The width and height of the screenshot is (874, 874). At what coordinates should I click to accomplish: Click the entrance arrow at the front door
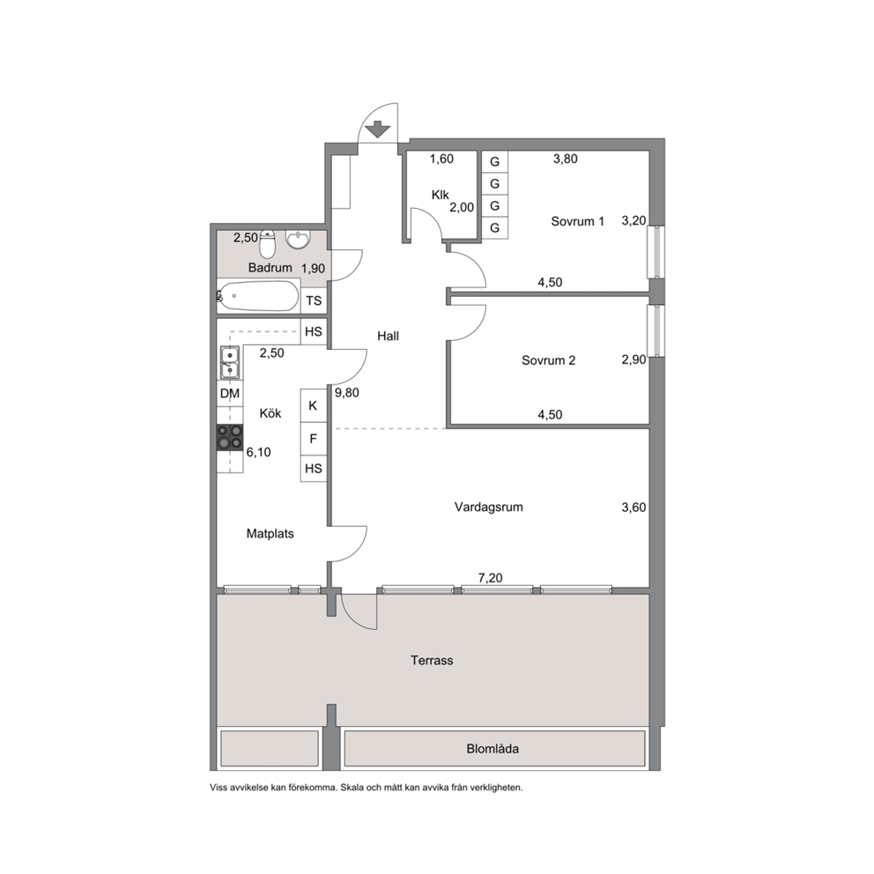378,129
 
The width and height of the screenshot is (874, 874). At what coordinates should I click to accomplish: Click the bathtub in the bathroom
258,296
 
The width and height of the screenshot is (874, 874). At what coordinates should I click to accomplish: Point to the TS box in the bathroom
314,301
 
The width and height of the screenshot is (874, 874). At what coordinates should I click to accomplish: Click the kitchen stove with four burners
230,436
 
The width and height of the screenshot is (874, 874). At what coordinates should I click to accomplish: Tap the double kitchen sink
230,362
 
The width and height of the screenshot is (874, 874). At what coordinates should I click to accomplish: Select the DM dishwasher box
230,394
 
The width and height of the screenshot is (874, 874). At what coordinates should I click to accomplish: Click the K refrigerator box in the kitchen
314,405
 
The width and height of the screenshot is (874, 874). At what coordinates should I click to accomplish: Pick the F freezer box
314,439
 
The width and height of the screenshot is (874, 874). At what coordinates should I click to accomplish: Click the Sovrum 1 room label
577,221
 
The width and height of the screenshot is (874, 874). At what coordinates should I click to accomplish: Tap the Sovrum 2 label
549,360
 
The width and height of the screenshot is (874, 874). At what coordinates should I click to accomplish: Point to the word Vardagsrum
488,507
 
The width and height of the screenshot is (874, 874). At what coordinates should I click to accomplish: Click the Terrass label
432,661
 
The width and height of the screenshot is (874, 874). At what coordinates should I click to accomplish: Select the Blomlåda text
493,749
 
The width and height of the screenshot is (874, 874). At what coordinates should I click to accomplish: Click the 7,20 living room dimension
491,578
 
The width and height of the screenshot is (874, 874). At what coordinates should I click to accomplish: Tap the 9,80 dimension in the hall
347,392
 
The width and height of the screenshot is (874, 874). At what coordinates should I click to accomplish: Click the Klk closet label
441,195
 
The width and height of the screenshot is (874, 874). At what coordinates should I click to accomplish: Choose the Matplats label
270,533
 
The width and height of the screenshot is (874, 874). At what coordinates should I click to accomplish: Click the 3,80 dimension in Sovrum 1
566,159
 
